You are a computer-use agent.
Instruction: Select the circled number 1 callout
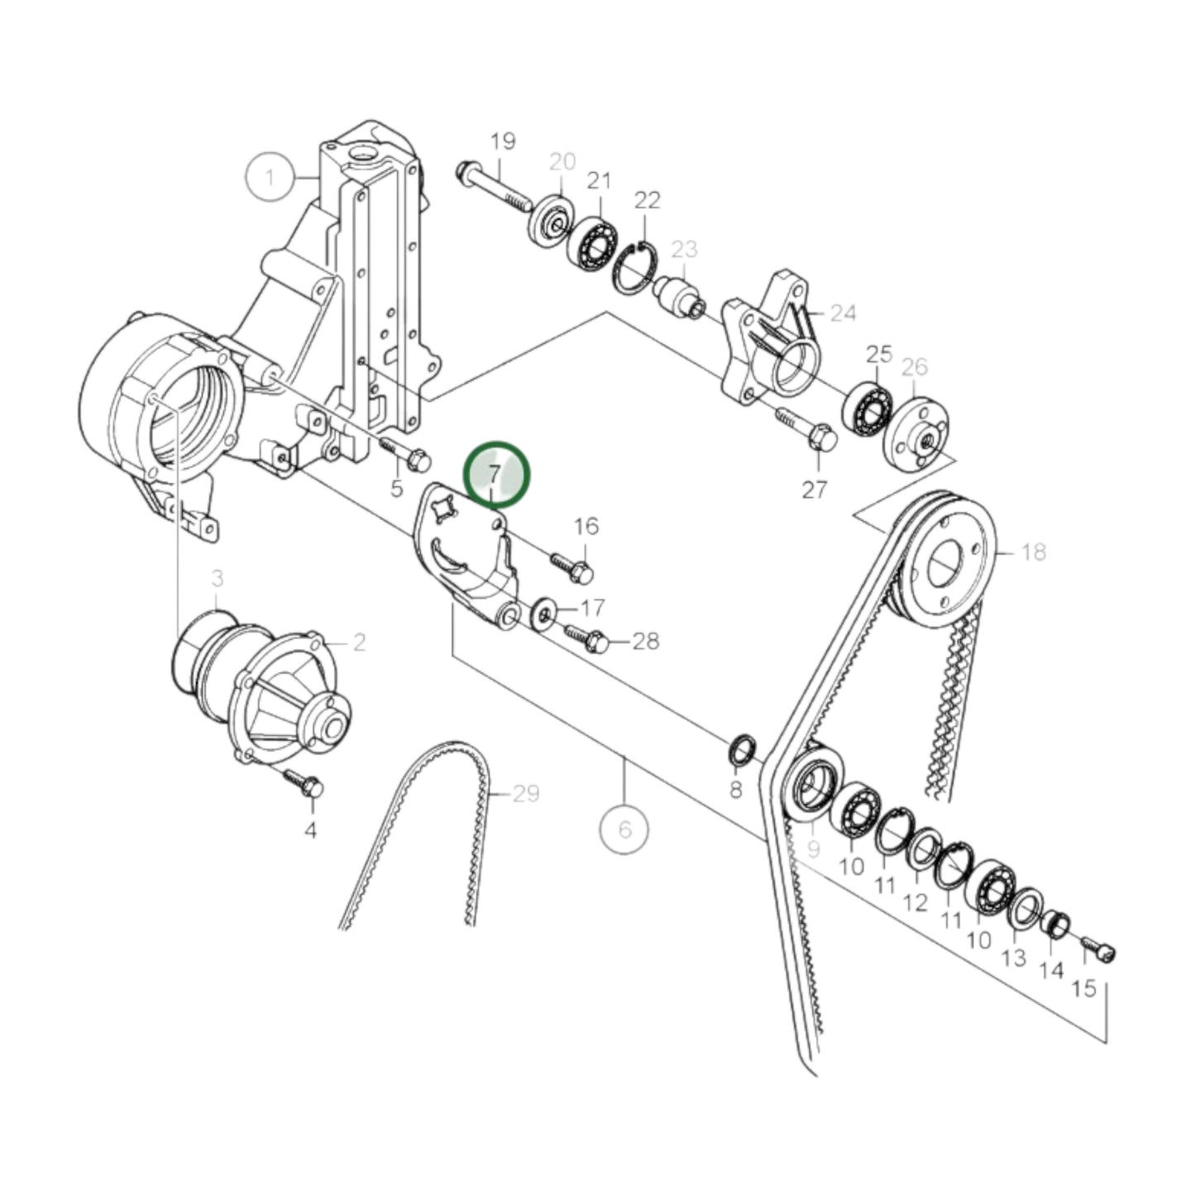270,176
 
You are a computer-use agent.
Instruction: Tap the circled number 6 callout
624,828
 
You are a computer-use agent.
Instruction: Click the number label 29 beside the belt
526,794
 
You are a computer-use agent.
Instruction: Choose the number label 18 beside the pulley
1034,551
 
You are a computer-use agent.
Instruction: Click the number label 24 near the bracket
843,313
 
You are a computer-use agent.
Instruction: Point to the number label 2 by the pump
358,642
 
